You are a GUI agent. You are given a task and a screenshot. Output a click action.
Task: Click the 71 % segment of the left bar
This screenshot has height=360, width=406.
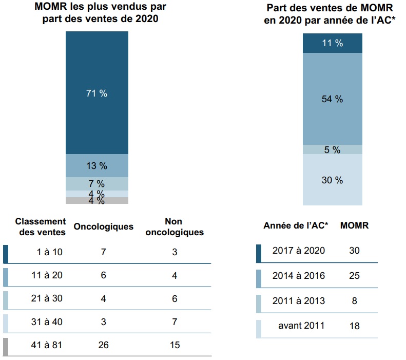click(x=96, y=93)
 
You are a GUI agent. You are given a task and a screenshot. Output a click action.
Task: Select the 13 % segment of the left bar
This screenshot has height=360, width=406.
click(x=96, y=165)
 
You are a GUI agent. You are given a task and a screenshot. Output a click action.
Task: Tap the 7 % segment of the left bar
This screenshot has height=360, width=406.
click(x=96, y=184)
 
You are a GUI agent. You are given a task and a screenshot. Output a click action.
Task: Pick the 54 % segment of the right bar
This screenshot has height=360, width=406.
click(x=332, y=99)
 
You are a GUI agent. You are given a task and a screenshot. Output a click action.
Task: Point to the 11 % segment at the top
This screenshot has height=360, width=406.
click(x=332, y=43)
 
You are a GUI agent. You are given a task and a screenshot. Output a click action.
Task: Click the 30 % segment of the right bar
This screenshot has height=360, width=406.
click(x=332, y=180)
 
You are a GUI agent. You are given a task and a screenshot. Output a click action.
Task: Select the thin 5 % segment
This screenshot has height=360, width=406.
click(x=332, y=149)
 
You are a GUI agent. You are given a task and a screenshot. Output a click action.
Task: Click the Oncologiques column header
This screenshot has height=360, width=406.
click(x=103, y=226)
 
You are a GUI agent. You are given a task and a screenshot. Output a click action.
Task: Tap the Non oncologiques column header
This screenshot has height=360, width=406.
click(x=175, y=226)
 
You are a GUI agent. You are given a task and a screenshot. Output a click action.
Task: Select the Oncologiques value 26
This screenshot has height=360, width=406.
click(x=103, y=345)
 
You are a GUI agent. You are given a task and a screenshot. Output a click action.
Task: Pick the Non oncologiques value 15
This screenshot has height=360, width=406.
click(x=175, y=345)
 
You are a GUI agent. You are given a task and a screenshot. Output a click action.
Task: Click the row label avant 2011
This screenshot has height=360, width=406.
click(x=301, y=326)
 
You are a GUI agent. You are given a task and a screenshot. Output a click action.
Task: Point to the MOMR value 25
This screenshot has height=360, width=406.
click(x=354, y=276)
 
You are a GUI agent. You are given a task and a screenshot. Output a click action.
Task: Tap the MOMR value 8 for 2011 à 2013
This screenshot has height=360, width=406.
click(x=354, y=300)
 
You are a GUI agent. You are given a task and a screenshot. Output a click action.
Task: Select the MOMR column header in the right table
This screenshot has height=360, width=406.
click(x=354, y=225)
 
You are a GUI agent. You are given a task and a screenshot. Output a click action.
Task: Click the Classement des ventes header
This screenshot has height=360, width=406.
click(x=41, y=226)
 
